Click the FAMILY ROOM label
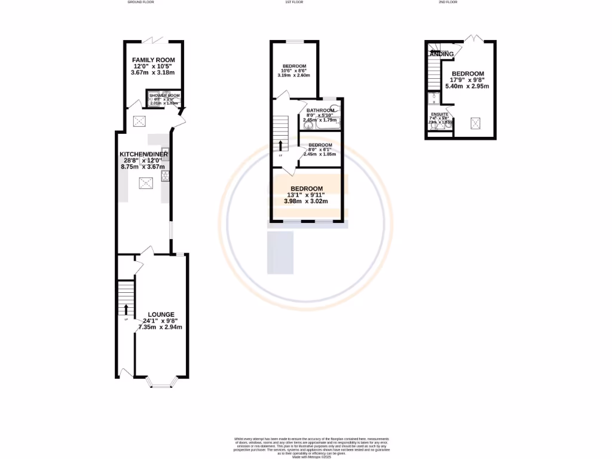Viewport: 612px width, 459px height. (153, 60)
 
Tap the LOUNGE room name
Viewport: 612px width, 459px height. (161, 314)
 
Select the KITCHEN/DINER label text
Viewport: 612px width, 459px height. (144, 154)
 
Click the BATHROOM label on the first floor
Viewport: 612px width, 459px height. (320, 111)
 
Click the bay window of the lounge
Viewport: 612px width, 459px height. (161, 383)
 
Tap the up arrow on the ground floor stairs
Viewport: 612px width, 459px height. (126, 309)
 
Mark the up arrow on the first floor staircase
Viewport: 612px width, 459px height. (280, 145)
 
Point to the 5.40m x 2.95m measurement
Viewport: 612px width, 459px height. (467, 87)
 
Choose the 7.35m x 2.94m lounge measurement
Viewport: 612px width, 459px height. (160, 327)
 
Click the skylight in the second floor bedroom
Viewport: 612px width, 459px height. (476, 124)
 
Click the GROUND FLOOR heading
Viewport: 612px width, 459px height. (141, 2)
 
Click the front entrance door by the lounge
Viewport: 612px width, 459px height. (125, 373)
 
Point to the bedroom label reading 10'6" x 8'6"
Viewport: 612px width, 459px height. (294, 71)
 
